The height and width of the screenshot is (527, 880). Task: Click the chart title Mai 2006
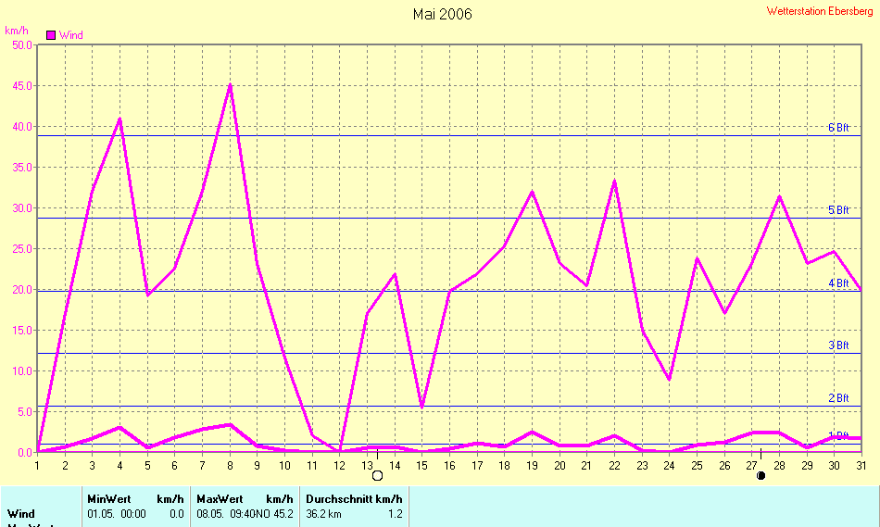(442, 14)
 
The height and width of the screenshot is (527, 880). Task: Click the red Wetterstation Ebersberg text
(820, 11)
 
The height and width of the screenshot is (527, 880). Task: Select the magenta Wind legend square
(52, 35)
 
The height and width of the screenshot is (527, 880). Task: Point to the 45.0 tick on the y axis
(20, 86)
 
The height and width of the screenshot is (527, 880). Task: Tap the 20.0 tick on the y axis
(20, 290)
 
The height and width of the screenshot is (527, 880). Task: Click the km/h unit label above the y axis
(17, 31)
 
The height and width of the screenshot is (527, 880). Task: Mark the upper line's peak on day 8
(230, 84)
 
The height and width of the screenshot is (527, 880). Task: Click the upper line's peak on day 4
(119, 119)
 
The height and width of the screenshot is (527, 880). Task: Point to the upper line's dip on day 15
(421, 408)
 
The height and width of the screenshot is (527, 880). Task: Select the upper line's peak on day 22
(614, 181)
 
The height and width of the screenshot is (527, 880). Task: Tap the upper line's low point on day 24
(669, 380)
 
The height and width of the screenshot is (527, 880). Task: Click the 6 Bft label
(838, 128)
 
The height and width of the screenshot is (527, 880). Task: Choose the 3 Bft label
(838, 345)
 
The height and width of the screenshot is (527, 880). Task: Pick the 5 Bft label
(838, 210)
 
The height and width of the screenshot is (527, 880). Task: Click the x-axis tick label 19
(532, 465)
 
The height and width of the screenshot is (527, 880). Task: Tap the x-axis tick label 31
(861, 465)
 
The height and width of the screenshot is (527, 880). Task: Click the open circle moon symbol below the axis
(377, 476)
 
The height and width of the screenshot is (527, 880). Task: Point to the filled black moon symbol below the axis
(761, 476)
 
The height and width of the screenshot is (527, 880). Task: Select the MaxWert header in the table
(218, 498)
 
